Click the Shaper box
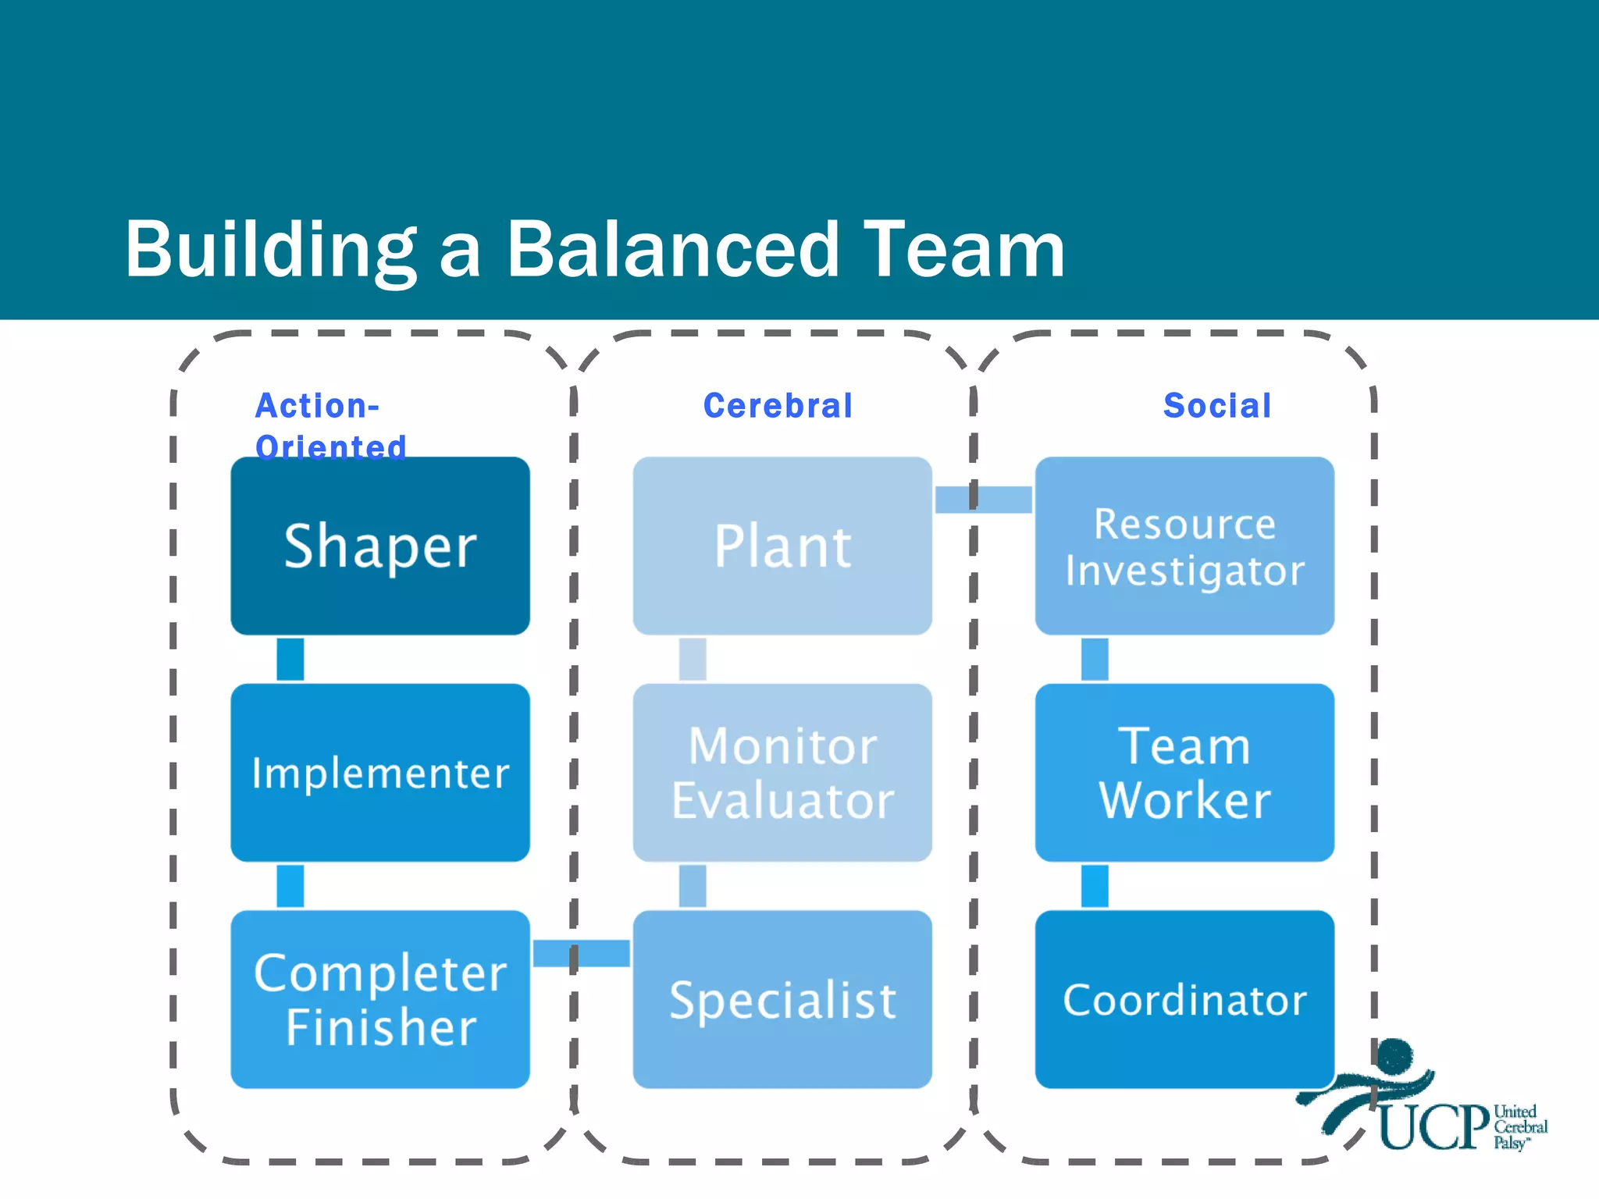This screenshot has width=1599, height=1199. pos(380,546)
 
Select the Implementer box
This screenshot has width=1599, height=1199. pos(380,773)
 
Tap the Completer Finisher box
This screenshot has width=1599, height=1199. pos(380,999)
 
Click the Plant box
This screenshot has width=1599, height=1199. pos(782,546)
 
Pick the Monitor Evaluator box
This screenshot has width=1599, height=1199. pos(782,773)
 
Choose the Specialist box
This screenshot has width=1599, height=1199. pos(782,999)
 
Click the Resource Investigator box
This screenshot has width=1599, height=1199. pos(1184,546)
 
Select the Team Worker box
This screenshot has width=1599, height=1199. pos(1184,773)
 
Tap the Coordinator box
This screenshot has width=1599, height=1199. pos(1184,999)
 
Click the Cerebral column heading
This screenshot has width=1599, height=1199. pos(778,406)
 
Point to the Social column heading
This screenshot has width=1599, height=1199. pos(1217,406)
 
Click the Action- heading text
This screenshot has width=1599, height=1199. pos(317,406)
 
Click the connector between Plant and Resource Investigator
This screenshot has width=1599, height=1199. pos(984,500)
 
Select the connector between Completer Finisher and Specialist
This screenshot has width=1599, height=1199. pos(582,953)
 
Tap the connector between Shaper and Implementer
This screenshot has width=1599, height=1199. pos(290,660)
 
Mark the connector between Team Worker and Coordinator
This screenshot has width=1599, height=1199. pos(1095,886)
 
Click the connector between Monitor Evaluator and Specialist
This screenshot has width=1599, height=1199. pos(693,886)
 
